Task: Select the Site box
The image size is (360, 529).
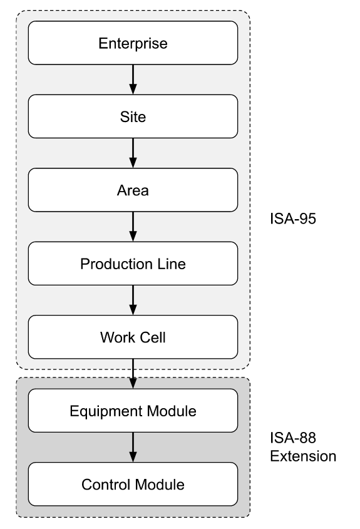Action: point(133,116)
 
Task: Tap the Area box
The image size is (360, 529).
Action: point(133,190)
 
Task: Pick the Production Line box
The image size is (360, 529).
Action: point(133,264)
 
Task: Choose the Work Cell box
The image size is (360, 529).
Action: point(133,337)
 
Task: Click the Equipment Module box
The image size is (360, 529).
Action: point(133,411)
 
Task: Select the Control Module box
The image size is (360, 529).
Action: point(133,484)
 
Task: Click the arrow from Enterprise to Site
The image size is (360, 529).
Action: point(133,80)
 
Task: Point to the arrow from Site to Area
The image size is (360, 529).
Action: point(133,153)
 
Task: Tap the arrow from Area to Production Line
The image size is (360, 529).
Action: point(133,227)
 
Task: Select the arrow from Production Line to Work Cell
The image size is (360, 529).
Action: point(133,300)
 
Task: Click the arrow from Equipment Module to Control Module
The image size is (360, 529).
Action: point(133,447)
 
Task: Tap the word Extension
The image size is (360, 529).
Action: point(302,456)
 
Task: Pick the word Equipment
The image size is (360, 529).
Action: point(100,411)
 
